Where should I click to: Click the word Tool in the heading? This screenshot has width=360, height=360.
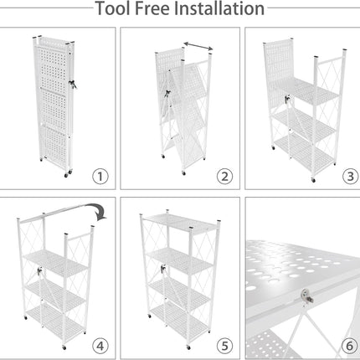[x=113, y=8]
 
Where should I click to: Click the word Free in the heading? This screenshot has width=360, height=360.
[x=152, y=8]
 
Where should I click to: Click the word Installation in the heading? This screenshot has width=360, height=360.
[x=219, y=8]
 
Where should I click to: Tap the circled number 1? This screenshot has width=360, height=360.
[x=100, y=177]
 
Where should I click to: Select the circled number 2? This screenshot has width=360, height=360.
[x=224, y=177]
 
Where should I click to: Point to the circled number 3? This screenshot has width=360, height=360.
[x=350, y=177]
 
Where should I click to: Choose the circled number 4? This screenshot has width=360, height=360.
[x=100, y=346]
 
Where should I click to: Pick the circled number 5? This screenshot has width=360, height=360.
[x=224, y=346]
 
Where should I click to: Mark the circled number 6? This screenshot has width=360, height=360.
[x=349, y=346]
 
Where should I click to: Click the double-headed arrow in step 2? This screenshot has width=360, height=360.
[x=198, y=46]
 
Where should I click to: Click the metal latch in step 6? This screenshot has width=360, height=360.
[x=307, y=296]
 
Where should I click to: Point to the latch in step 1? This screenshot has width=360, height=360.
[x=73, y=84]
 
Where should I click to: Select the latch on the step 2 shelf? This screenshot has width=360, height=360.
[x=167, y=94]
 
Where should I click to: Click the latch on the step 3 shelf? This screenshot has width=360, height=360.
[x=287, y=99]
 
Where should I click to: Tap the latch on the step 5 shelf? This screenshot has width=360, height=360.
[x=163, y=269]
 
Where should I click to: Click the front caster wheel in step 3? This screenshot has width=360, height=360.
[x=313, y=180]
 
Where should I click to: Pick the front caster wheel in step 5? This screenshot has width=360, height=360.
[x=188, y=347]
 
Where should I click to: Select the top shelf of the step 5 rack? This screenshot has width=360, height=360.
[x=181, y=223]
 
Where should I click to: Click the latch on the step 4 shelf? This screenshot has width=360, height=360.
[x=40, y=270]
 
